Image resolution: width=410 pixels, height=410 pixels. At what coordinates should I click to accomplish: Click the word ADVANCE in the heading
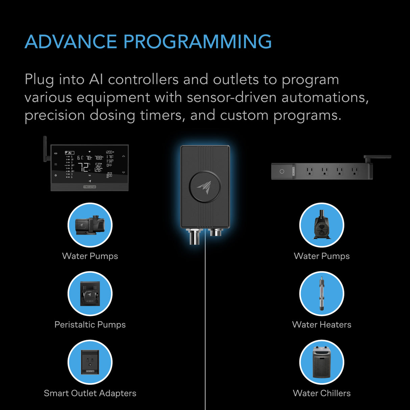tap(71, 42)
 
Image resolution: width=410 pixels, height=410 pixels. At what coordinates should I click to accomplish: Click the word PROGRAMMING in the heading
tap(198, 42)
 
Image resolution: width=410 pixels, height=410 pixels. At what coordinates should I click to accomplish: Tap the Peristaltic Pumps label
tap(90, 325)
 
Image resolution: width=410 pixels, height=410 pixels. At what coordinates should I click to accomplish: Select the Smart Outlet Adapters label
tap(90, 393)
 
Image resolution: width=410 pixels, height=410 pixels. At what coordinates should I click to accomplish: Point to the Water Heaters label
tap(322, 325)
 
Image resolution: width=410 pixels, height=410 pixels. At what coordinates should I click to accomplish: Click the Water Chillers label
tap(322, 393)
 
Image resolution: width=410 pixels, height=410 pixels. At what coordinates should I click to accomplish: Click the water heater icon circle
tap(322, 293)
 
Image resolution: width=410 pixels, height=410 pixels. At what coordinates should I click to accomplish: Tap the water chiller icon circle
tap(322, 362)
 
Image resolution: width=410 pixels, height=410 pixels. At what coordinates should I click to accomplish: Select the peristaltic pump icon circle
tap(90, 293)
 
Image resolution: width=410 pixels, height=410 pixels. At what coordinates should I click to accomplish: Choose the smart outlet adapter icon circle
tap(90, 362)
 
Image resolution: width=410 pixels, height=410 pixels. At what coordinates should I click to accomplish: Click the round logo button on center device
tap(205, 187)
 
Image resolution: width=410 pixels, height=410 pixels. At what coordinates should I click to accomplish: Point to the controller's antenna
tap(45, 149)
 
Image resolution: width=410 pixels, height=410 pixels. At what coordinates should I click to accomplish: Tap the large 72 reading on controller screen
tap(83, 167)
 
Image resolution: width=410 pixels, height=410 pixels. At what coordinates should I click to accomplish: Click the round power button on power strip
tap(282, 172)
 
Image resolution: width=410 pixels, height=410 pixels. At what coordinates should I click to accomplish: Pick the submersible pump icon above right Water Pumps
tap(322, 225)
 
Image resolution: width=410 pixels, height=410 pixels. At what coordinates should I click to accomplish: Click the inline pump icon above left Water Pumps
tap(90, 225)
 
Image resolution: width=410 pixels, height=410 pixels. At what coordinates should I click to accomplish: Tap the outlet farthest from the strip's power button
tap(354, 171)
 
